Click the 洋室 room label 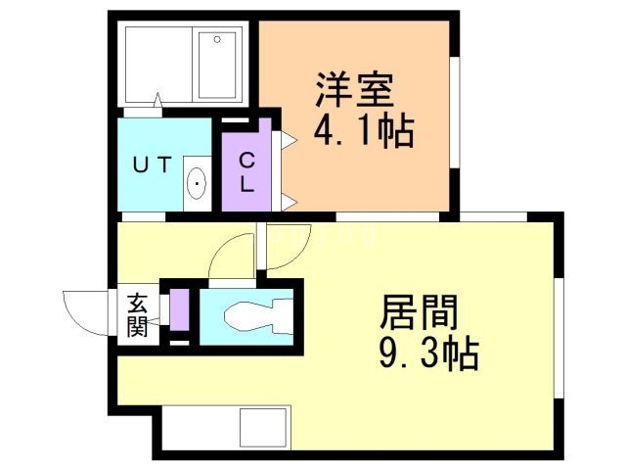[x=354, y=91]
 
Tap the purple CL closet [x=247, y=171]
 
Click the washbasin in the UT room [x=197, y=182]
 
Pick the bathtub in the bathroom [x=216, y=65]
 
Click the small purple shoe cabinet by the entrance [x=178, y=310]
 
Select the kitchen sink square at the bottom [x=261, y=428]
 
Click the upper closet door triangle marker [x=289, y=140]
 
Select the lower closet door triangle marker [x=289, y=202]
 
